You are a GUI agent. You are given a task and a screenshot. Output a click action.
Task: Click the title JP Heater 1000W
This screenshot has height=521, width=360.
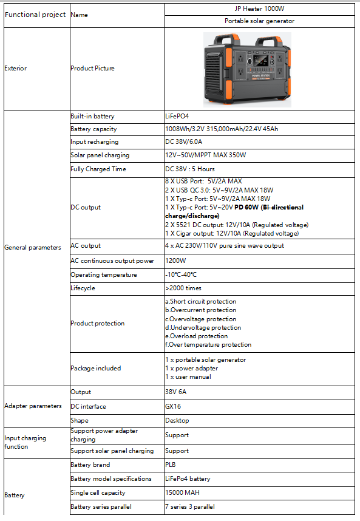259,9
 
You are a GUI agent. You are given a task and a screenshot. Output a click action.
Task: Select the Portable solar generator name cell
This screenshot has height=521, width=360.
259,21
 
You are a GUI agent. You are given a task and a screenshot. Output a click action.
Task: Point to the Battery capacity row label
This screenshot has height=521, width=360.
93,129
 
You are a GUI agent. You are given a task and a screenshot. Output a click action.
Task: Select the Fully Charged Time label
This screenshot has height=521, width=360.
98,169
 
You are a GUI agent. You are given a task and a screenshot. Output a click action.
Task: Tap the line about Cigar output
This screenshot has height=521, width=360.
232,233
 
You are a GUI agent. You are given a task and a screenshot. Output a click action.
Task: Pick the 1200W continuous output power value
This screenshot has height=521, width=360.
175,261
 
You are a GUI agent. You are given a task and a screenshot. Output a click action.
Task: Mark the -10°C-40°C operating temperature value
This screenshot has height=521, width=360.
185,274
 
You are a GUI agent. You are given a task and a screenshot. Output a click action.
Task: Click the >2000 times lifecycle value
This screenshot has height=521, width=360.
183,288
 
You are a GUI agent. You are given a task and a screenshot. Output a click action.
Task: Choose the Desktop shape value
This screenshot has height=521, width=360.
177,420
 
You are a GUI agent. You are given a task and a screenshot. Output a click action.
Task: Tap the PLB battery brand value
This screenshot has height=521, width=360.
171,465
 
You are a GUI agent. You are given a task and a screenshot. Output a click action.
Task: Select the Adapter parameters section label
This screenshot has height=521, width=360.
33,406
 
